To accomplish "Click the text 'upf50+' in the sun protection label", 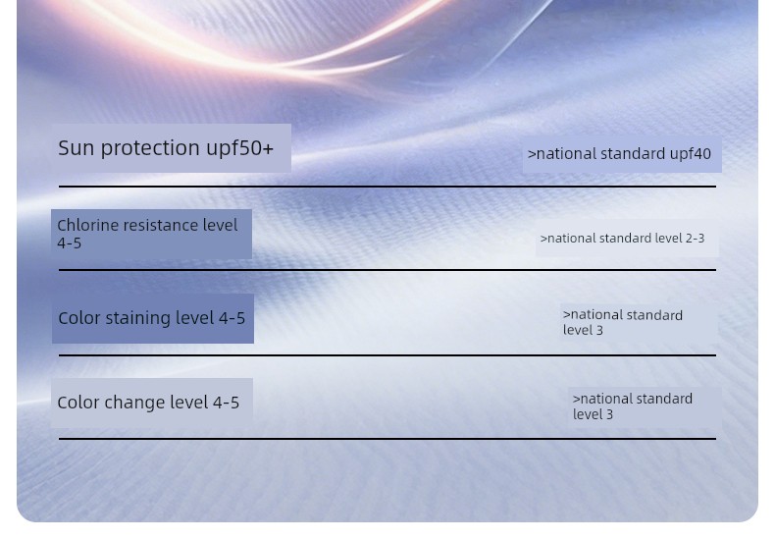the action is click(x=239, y=148).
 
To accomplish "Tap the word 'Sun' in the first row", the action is click(x=77, y=148).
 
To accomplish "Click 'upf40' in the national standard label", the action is click(x=690, y=154).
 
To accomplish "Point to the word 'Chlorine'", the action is click(x=87, y=226).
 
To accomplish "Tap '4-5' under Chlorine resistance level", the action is click(x=70, y=243).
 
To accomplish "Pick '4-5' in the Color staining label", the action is click(x=232, y=318).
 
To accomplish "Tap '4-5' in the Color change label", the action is click(x=226, y=403).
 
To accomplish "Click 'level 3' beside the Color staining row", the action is click(x=583, y=330).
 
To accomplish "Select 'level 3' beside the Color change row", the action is click(x=593, y=414).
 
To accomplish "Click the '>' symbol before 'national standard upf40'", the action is click(x=532, y=154).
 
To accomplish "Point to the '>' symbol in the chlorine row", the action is click(x=543, y=239).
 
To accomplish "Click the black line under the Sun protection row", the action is click(x=387, y=187).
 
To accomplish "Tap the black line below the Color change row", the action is click(x=387, y=439).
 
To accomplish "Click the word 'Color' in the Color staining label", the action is click(x=79, y=318).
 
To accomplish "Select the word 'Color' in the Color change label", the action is click(x=78, y=403).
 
